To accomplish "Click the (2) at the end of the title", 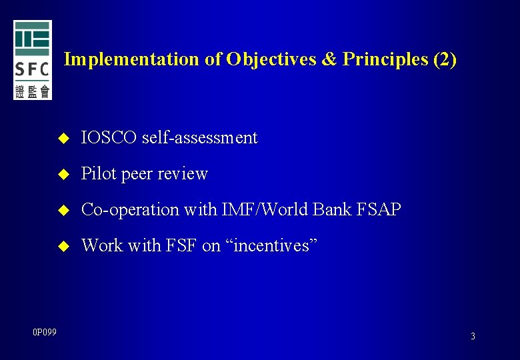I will click(x=445, y=59).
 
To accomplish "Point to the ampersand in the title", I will click(x=329, y=59).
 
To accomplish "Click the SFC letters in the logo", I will click(x=32, y=69).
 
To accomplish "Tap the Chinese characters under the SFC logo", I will click(x=32, y=91).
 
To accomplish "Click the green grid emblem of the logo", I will click(x=32, y=39).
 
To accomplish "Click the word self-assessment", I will click(x=200, y=138).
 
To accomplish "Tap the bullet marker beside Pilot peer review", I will click(x=64, y=175).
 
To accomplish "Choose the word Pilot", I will click(x=97, y=174).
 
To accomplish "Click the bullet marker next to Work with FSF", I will click(x=64, y=247).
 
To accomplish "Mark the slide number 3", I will click(x=473, y=336).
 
